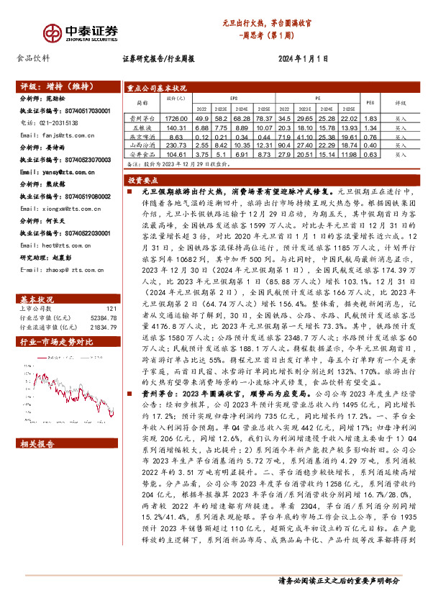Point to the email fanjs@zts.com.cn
click(x=55, y=135)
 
